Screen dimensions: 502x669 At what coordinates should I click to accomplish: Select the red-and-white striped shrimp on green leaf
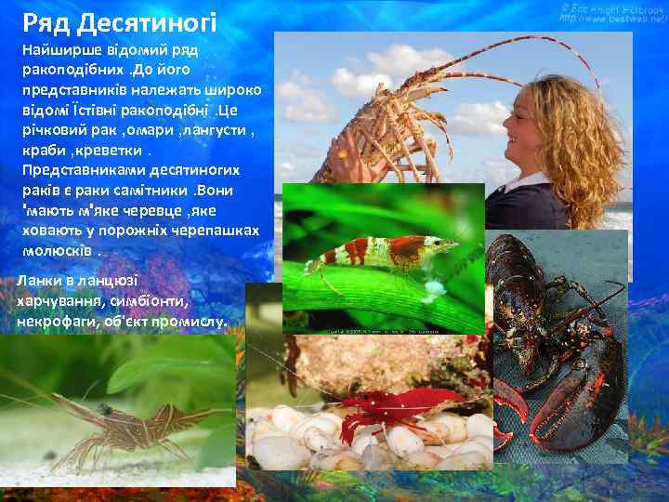(x=381, y=251)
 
